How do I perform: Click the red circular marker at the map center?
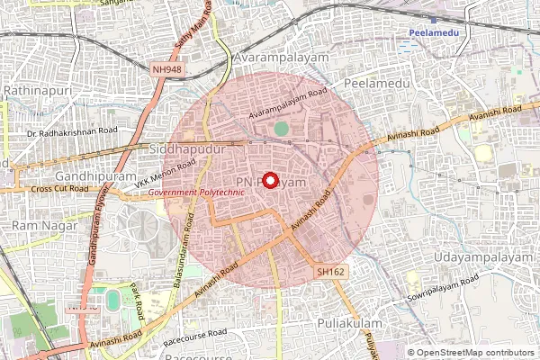[270, 180]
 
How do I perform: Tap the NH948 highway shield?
[166, 68]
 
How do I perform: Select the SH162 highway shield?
[330, 271]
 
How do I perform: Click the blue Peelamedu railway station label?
[435, 32]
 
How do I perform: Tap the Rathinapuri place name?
[40, 92]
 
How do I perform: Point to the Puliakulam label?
[350, 322]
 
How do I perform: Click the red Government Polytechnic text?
[196, 193]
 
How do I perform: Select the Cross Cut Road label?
[59, 189]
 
